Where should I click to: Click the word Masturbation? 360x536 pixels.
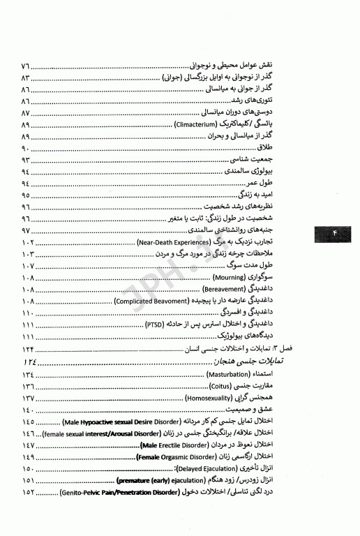(x=225, y=375)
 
